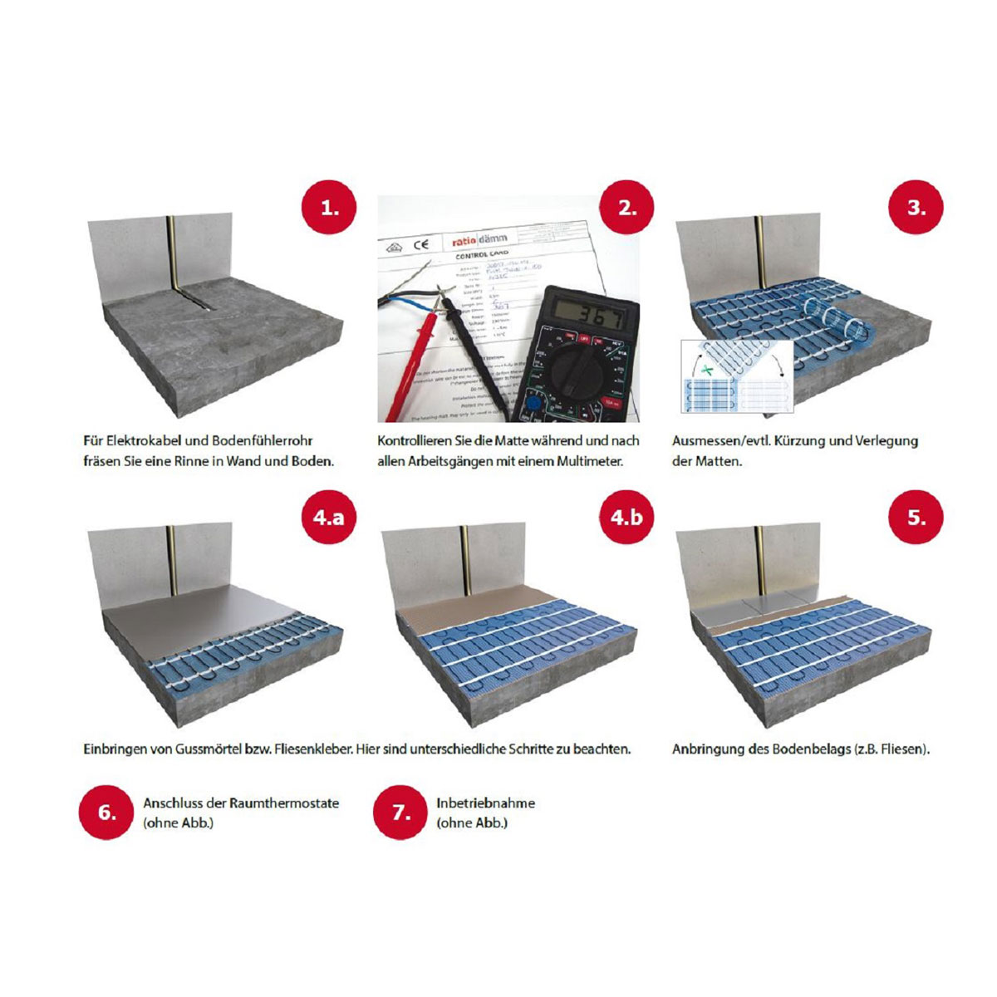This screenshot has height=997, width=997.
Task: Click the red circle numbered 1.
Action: tap(330, 207)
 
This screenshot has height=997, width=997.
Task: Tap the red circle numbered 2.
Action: tap(627, 207)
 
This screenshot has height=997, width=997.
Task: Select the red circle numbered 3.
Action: tap(916, 207)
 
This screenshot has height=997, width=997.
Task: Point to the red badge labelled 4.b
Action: tap(627, 517)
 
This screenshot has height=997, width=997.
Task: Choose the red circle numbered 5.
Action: tap(916, 517)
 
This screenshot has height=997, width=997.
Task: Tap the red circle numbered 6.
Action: tap(106, 812)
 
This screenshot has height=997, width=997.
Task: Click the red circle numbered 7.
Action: tap(400, 812)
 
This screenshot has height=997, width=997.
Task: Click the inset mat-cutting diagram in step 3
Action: tap(737, 376)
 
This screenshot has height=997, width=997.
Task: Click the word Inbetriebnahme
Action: tap(485, 803)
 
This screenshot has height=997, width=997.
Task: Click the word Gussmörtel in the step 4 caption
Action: tap(209, 749)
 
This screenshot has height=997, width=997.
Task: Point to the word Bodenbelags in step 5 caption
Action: tap(812, 749)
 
